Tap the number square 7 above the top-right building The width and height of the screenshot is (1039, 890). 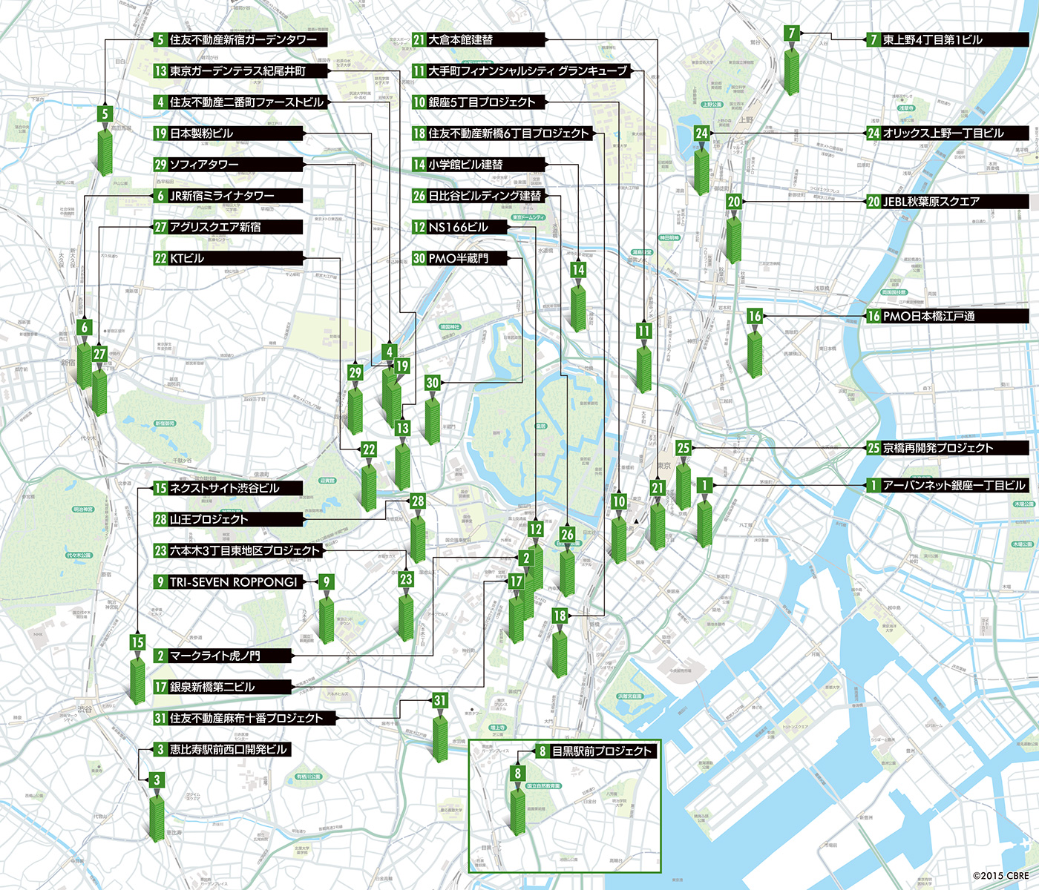[793, 33]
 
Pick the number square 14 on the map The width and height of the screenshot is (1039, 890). [578, 270]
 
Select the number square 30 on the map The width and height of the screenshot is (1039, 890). [433, 383]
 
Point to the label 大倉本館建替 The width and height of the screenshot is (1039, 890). [460, 40]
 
